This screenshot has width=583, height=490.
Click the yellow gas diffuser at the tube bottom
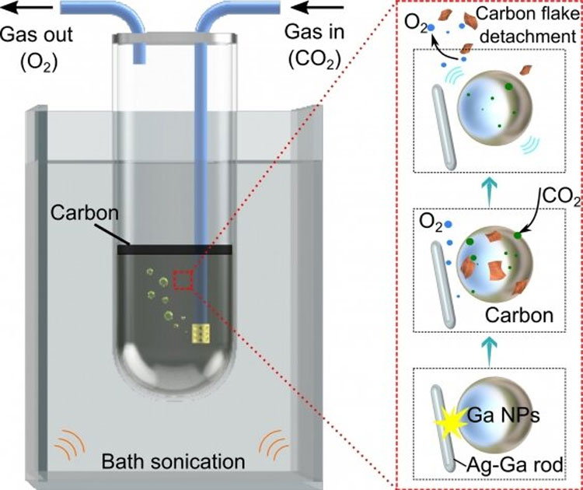pos(202,334)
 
